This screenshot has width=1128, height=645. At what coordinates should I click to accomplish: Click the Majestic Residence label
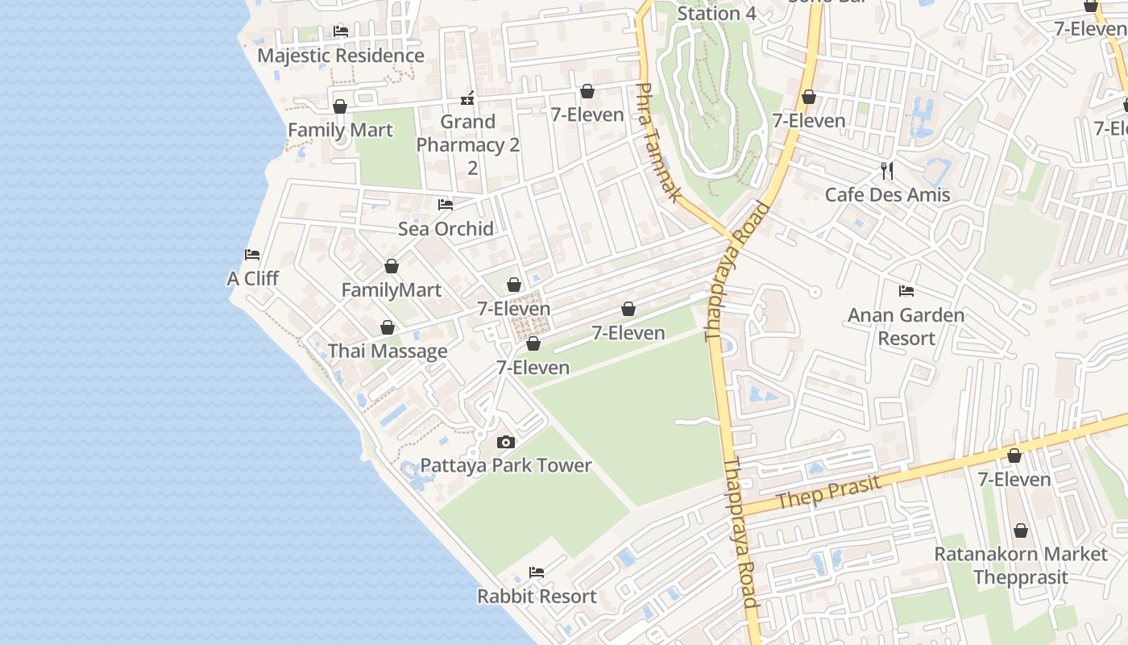point(340,56)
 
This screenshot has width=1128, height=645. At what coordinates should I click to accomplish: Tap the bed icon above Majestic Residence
point(341,31)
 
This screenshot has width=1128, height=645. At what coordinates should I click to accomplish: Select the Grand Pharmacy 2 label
point(468,144)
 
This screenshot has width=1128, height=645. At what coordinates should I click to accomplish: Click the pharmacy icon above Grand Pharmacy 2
point(467,99)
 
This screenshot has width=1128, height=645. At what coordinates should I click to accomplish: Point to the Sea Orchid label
point(446,229)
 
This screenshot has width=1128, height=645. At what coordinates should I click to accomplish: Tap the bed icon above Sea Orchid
point(446,205)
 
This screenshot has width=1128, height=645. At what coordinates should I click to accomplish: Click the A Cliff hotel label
point(253,279)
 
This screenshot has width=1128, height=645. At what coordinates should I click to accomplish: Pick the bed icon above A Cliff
point(252,255)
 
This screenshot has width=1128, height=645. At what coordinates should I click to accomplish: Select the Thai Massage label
point(388,352)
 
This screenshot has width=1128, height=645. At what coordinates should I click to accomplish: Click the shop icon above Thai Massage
point(388,327)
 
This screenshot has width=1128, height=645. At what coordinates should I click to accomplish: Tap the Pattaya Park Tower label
point(506,466)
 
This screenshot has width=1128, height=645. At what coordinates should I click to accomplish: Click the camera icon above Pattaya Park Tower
point(506,442)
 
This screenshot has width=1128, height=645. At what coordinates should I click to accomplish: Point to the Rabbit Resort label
point(537,597)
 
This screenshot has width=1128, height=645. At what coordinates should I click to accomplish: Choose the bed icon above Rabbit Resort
point(537,572)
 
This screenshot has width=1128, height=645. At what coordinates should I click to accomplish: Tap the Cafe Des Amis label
point(887,195)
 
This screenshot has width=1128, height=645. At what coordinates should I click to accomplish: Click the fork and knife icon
point(887,170)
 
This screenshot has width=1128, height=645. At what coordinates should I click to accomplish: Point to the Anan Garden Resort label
point(906,327)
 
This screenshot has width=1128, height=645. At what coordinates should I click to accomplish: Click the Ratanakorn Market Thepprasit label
point(1021,566)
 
